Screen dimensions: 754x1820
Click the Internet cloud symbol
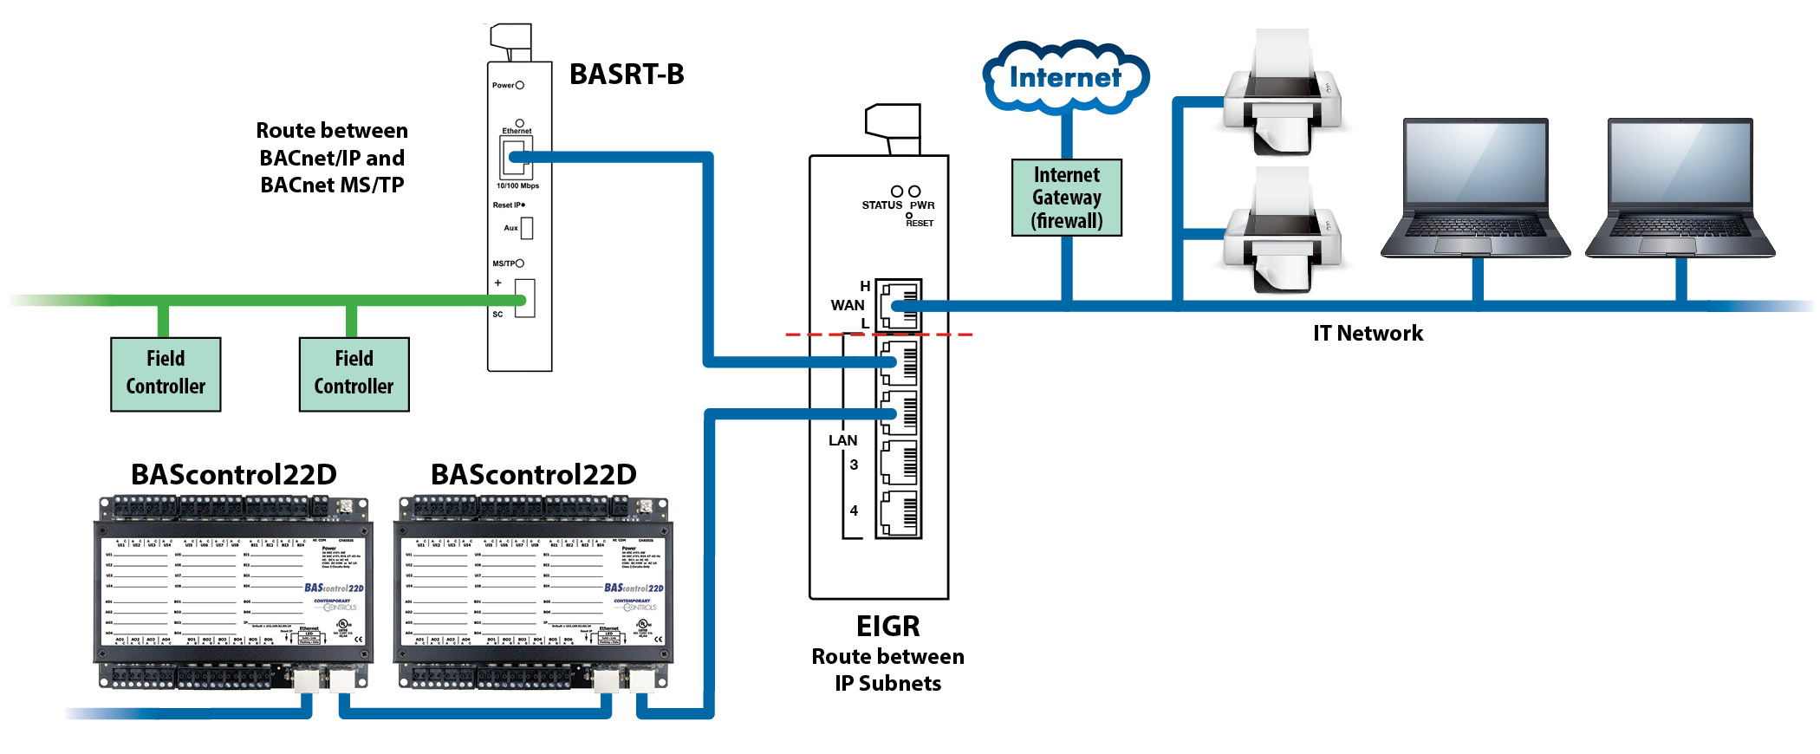pos(1066,77)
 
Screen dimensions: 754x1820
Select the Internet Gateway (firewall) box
pos(1067,198)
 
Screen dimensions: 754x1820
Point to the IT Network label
pos(1368,334)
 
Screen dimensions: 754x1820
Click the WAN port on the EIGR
pos(899,305)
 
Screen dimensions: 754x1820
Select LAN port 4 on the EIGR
pos(899,513)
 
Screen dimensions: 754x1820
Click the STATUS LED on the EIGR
pos(897,191)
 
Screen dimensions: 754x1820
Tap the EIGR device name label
pos(887,626)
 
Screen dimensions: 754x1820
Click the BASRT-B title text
pos(627,75)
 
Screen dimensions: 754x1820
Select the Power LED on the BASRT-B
pos(520,85)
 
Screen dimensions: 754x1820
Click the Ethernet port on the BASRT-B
pos(516,157)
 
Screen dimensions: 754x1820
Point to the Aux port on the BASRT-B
pos(526,228)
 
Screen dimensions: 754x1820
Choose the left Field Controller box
pos(166,374)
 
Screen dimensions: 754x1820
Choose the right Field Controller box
pos(354,374)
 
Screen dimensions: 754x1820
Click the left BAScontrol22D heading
pos(234,475)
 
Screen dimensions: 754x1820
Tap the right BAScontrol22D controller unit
pos(533,594)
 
